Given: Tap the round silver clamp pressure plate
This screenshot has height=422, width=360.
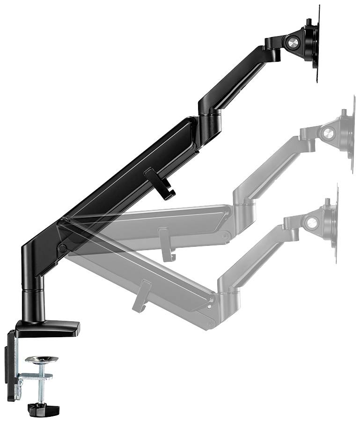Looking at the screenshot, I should [41, 360].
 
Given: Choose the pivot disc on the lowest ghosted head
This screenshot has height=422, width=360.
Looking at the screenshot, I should [310, 222].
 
